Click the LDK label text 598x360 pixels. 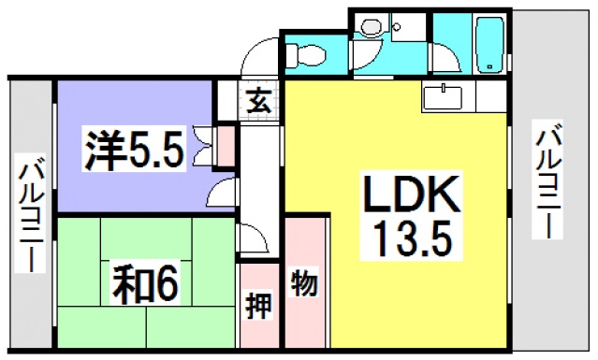[409, 195]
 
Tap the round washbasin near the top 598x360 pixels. [370, 29]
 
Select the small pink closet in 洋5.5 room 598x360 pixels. [225, 144]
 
